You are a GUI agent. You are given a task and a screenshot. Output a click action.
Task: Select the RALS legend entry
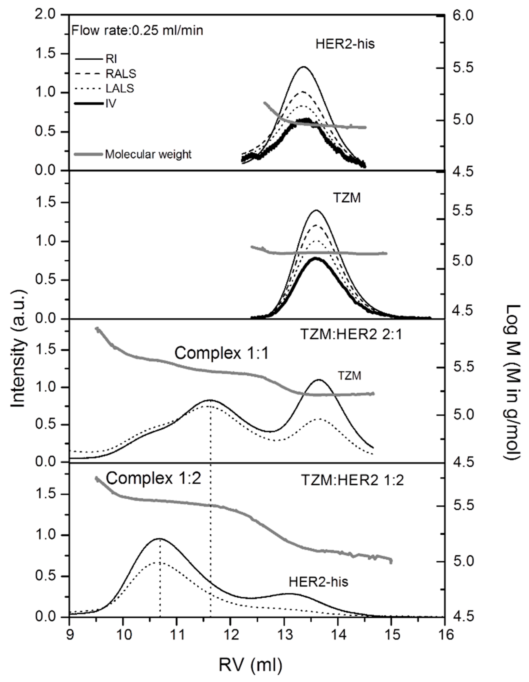[121, 74]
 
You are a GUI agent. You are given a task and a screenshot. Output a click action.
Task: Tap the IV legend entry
[111, 103]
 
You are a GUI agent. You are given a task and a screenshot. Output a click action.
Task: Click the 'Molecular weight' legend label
[148, 154]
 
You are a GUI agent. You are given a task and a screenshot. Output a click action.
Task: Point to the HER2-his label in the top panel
[345, 44]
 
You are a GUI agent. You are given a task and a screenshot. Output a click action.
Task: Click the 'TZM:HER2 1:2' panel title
[352, 480]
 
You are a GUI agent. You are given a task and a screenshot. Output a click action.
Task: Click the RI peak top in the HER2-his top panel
[303, 67]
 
